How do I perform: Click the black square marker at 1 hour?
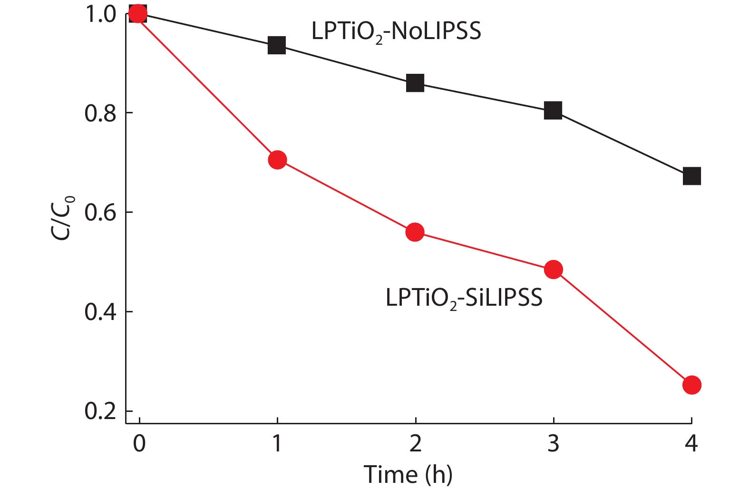pos(277,45)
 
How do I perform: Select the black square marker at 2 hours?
pos(415,83)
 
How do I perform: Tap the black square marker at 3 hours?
pos(553,110)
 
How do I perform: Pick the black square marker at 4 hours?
pos(691,176)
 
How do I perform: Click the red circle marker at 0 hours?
pos(138,14)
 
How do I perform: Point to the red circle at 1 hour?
pos(277,160)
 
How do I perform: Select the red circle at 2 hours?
pos(415,232)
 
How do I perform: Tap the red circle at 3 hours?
pos(553,270)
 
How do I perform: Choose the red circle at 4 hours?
pos(691,385)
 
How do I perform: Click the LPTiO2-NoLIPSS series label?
pos(396,32)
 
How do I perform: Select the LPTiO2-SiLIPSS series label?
pos(464,299)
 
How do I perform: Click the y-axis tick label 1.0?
pos(100,14)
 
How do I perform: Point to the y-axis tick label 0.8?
pos(100,113)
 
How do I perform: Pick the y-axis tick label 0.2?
pos(100,411)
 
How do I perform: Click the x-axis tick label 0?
pos(139,443)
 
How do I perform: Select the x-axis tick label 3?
pos(553,443)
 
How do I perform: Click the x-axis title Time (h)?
pos(408,474)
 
